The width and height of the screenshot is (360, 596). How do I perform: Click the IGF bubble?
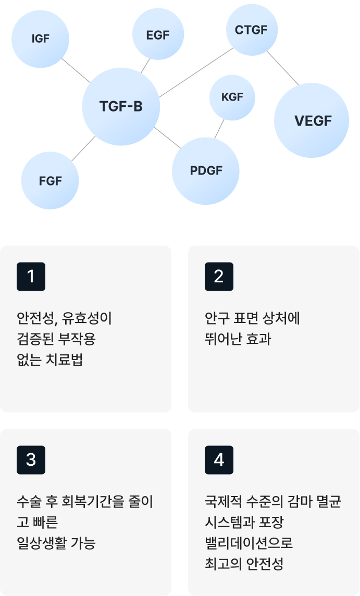click(x=40, y=39)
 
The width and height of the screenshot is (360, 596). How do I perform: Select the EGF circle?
click(x=157, y=35)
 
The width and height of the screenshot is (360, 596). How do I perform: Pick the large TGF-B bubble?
click(x=121, y=106)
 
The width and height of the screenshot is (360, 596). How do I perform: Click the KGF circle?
click(x=232, y=97)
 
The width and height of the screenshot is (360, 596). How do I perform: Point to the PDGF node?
click(x=206, y=171)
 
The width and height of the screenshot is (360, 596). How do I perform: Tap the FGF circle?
click(x=50, y=181)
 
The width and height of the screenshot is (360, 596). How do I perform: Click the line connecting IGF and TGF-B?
click(x=76, y=70)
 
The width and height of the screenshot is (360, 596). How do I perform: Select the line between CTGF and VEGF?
click(x=283, y=68)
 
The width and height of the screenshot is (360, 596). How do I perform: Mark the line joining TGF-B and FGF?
click(x=82, y=148)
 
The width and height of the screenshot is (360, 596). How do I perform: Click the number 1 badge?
click(x=31, y=277)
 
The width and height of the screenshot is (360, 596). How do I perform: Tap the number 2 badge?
click(x=219, y=277)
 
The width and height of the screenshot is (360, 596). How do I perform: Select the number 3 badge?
click(x=31, y=460)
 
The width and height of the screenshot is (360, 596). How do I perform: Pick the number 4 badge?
click(x=219, y=460)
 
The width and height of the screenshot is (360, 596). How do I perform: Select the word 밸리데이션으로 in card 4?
click(x=249, y=543)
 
